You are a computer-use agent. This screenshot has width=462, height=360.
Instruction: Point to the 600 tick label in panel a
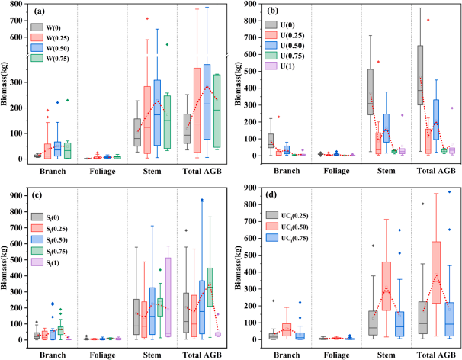click(14, 37)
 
